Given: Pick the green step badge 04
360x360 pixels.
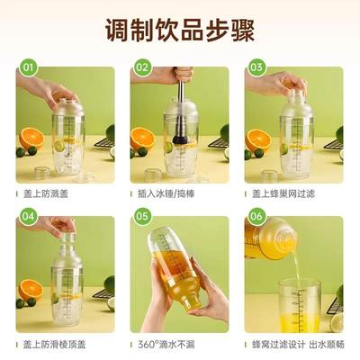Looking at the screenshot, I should (x=30, y=217).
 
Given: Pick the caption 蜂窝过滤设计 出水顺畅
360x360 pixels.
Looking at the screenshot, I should (x=292, y=344).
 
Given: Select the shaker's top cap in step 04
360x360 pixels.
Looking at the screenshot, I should (x=67, y=233).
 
